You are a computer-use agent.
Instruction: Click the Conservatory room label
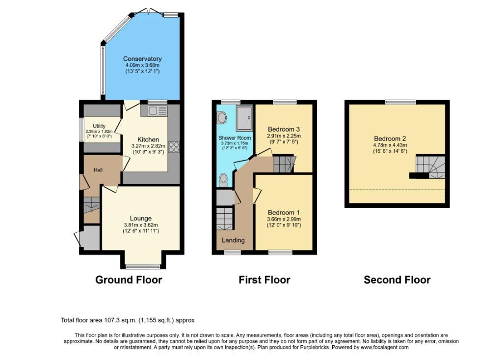pos(142,59)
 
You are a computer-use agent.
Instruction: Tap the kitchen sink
pos(158,111)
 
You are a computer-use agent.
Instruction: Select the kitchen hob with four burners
pos(174,147)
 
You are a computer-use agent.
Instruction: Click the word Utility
pos(99,126)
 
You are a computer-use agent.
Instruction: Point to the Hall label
pos(98,170)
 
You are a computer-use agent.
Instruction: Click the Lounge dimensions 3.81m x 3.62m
pos(141,225)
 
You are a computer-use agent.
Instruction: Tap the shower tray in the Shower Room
pos(244,118)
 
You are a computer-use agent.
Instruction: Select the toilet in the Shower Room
pos(223,180)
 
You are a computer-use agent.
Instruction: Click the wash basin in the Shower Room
pos(222,118)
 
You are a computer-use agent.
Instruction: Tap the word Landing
pos(233,240)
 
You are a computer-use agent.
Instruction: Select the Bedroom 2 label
pos(390,138)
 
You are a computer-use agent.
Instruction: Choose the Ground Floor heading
pos(129,280)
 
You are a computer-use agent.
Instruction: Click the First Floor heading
pos(264,280)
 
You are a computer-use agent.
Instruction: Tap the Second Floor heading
pos(397,280)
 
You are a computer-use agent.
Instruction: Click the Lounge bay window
pos(143,266)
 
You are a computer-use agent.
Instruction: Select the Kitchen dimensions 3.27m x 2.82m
pos(148,146)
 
